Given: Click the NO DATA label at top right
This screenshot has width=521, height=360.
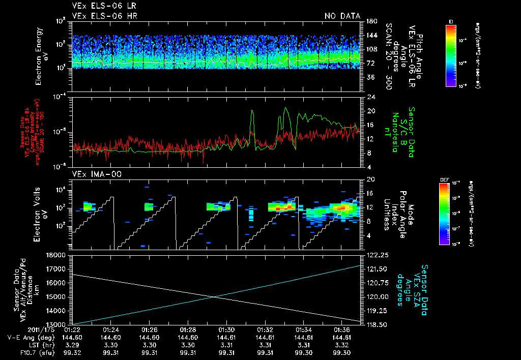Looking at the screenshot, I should [342, 16].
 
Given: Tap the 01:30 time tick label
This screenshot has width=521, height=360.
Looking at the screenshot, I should [226, 330].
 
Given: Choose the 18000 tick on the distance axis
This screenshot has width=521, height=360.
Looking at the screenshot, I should [57, 255].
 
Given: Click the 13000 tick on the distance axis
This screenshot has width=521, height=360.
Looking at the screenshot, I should [57, 324].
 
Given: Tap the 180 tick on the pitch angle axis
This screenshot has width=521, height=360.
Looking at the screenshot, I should [370, 21].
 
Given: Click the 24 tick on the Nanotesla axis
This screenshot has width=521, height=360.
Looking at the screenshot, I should [369, 97].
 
